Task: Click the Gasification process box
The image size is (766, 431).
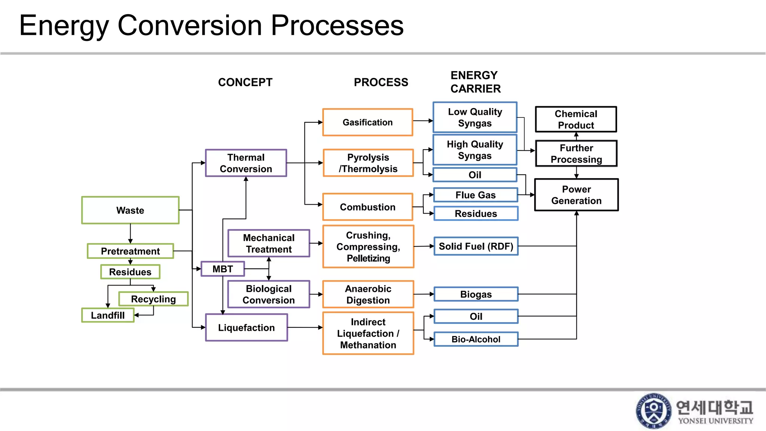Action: pos(368,122)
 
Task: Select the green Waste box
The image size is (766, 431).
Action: pos(130,210)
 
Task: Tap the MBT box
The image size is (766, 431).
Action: pos(223,269)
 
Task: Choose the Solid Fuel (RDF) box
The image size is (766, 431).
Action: pos(476,246)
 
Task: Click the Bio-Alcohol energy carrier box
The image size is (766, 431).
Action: pos(476,339)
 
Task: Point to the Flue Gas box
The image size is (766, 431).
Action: pos(475,195)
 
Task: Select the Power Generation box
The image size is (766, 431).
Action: pos(576,195)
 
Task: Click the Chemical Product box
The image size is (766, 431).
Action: pos(576,119)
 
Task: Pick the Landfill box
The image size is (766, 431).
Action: pos(108,315)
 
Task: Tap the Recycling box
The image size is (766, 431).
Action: pos(153,299)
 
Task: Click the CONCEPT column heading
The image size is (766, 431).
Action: pos(245,82)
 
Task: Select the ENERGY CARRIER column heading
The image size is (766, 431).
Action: pos(475,82)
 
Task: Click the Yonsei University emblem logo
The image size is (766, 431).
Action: pos(653,411)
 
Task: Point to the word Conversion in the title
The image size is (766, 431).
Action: pos(190,25)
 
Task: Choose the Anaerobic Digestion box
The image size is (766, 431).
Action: pos(368,294)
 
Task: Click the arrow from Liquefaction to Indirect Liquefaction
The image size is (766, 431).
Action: pos(305,327)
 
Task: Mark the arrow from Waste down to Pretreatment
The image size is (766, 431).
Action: pos(130,234)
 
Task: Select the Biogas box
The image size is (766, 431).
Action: pos(476,294)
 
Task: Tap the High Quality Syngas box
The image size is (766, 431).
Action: pos(475,150)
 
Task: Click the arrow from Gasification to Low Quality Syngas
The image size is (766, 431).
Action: pos(423,121)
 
